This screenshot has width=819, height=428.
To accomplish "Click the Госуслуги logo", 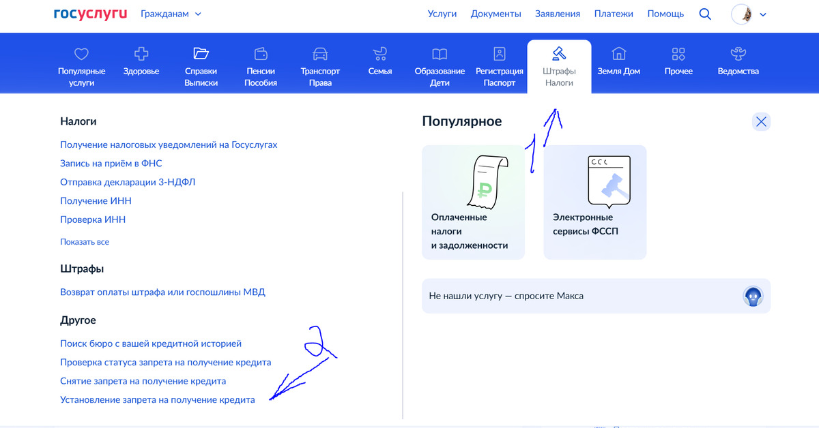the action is (90, 14).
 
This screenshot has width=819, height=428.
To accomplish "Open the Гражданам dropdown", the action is (171, 14).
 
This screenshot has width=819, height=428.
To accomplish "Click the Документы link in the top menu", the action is (495, 14).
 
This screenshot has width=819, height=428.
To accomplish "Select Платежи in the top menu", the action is (614, 14).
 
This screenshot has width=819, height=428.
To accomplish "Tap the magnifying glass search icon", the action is (705, 14).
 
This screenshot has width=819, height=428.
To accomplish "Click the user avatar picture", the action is (741, 14).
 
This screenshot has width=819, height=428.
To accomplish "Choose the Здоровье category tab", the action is (141, 61).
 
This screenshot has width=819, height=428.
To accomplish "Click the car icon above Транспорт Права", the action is (320, 54).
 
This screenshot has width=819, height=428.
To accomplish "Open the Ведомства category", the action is (738, 61).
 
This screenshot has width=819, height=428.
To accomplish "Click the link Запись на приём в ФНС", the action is (111, 164).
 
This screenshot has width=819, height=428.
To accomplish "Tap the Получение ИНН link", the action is (96, 201).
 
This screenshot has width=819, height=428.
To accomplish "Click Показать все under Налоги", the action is (85, 242).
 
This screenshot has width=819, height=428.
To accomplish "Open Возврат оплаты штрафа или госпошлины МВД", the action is (162, 292).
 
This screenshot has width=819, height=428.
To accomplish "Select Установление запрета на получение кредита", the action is (158, 400).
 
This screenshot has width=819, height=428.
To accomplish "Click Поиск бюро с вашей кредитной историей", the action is (151, 343).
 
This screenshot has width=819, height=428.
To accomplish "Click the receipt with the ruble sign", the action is (488, 182).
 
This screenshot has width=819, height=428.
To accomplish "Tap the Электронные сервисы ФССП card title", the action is (586, 224).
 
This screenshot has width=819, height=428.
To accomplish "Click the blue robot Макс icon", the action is (753, 296).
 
